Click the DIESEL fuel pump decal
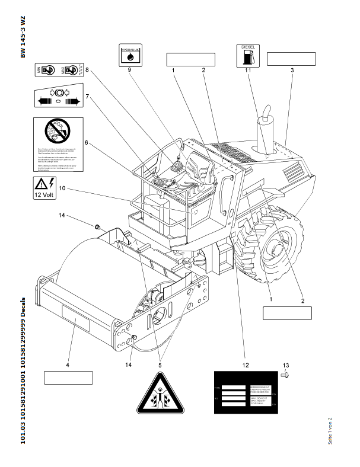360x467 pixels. pos(248,55)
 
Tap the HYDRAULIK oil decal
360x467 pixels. pos(129,55)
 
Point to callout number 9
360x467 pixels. pos(129,71)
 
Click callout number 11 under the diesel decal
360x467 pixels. pos(248,71)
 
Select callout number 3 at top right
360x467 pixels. pos(292,71)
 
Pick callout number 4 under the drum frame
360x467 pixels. pos(68,365)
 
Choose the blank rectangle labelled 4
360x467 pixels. pos(68,378)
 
